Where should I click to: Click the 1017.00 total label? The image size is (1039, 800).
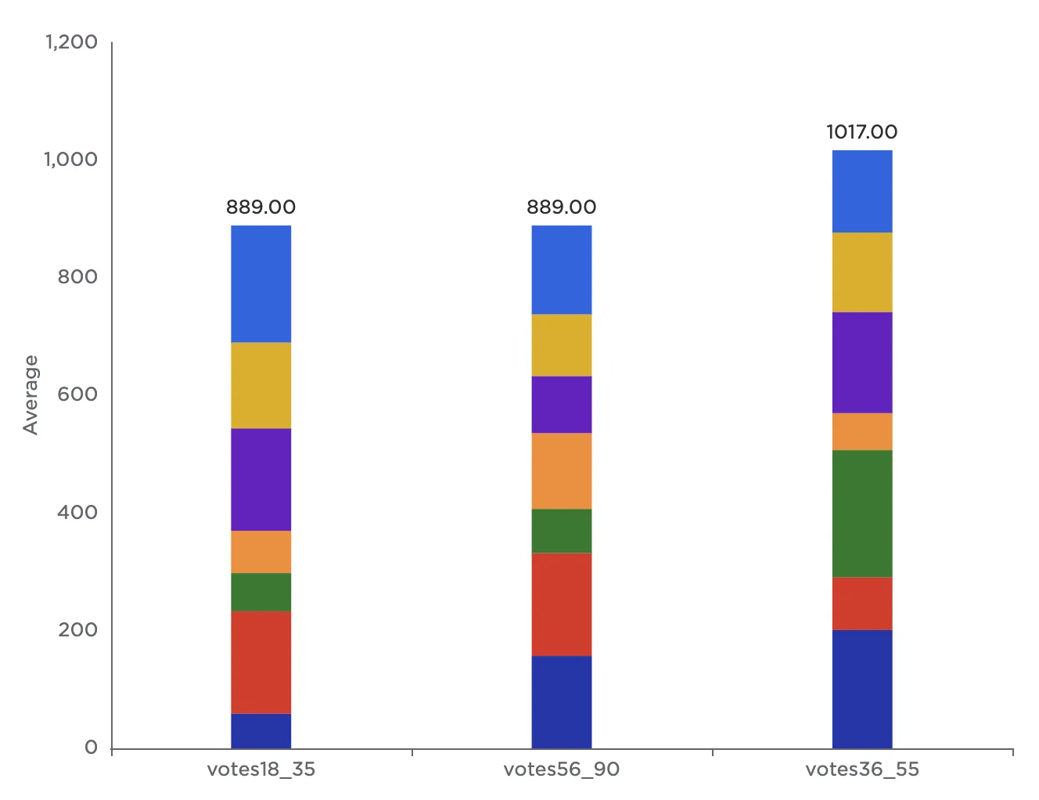tap(861, 132)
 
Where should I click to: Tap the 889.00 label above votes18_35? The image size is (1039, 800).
tap(261, 207)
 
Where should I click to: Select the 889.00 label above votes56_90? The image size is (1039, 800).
tap(561, 207)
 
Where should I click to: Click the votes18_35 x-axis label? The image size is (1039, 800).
tap(261, 769)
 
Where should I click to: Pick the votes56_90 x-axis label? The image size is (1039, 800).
tap(561, 769)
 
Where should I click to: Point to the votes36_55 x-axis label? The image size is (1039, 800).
tap(861, 769)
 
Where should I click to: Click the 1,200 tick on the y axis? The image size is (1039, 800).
tap(71, 42)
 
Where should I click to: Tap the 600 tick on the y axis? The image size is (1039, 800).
tap(77, 395)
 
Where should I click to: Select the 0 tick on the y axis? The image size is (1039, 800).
tap(92, 748)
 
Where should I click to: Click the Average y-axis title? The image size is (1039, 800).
tap(31, 395)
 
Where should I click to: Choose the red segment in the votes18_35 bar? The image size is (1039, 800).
tap(261, 662)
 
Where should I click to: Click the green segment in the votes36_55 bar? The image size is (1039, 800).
tap(861, 514)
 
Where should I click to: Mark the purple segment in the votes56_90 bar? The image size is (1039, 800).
tap(561, 405)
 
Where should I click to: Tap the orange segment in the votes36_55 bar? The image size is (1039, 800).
tap(861, 431)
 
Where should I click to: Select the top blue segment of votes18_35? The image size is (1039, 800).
tap(261, 284)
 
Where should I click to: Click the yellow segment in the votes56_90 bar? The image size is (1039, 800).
tap(561, 345)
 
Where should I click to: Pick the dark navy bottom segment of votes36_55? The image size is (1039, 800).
tap(861, 689)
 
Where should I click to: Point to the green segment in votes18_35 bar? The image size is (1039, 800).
tap(261, 592)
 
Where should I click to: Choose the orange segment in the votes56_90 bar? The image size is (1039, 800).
tap(561, 471)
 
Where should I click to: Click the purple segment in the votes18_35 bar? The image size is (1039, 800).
tap(261, 480)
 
